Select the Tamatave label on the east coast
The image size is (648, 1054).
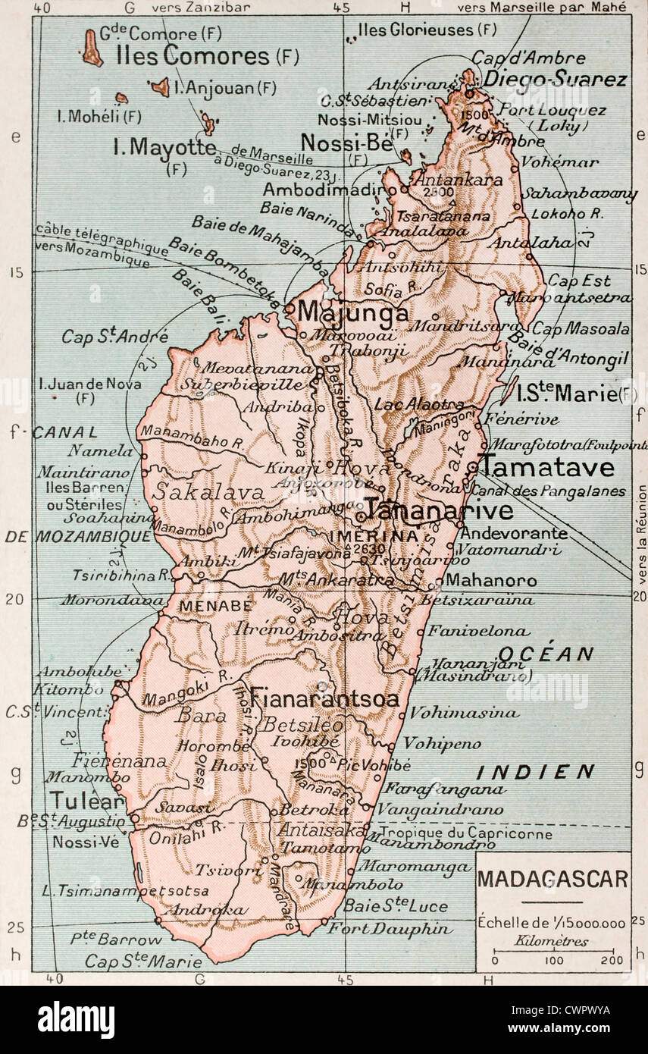click(x=549, y=466)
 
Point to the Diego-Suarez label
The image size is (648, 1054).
click(x=555, y=79)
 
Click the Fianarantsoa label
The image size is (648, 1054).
click(x=324, y=698)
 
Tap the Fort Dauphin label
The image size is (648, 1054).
click(x=398, y=928)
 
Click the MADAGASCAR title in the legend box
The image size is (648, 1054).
click(x=553, y=879)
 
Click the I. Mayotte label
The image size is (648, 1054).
click(x=164, y=146)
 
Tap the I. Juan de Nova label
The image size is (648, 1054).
click(x=89, y=384)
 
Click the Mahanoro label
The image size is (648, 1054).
click(x=490, y=582)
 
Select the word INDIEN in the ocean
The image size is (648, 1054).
click(x=535, y=772)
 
